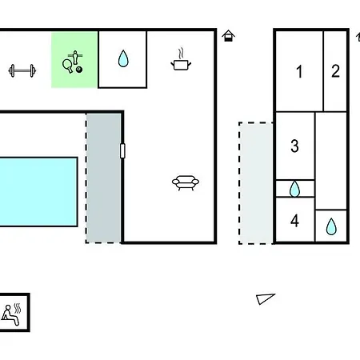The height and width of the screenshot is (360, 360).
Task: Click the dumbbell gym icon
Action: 22,70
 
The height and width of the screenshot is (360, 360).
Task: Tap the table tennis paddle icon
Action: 67,66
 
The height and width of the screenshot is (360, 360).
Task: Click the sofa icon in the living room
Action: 186,182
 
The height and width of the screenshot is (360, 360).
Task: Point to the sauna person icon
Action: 10,315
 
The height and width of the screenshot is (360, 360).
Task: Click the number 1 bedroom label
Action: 299,71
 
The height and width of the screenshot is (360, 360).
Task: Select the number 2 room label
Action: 335,71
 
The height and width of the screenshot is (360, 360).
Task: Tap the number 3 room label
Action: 294,146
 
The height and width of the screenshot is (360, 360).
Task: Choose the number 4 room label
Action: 294,221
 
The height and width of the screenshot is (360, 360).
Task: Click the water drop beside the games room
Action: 123,58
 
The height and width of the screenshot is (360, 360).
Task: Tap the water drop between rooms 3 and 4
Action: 294,189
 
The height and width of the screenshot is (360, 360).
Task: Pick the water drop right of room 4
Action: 331,226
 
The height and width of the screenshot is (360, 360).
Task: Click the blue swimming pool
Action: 38,192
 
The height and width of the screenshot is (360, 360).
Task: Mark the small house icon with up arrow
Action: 229,36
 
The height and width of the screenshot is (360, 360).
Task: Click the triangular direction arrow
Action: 266,298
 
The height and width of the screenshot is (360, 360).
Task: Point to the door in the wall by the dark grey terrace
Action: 122,150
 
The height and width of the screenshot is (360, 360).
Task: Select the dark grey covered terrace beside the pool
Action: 103,178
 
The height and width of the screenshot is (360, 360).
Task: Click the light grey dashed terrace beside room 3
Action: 256,183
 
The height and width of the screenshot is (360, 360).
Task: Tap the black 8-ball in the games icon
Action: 79,70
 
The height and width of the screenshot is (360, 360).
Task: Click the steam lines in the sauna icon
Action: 18,308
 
